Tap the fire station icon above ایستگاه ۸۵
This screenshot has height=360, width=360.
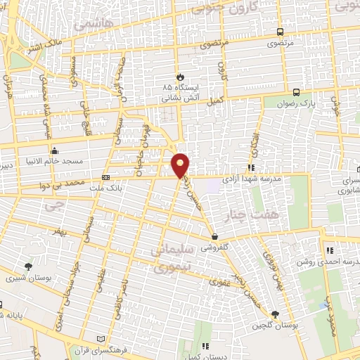[180, 76]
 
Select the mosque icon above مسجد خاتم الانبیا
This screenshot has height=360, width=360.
[55, 150]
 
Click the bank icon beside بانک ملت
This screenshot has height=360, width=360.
[105, 178]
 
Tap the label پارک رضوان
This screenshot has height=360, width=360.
[307, 103]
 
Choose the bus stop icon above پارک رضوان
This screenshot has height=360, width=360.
[296, 92]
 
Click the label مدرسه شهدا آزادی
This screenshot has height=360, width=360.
[251, 179]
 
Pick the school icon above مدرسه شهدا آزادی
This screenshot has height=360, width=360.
[251, 167]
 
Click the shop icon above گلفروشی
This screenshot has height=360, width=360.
[214, 237]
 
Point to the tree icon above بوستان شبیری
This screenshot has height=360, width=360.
[27, 266]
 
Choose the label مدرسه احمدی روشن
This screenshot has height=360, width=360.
[328, 259]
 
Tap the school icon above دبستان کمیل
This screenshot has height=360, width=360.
[205, 346]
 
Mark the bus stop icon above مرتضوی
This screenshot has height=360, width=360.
[281, 32]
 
